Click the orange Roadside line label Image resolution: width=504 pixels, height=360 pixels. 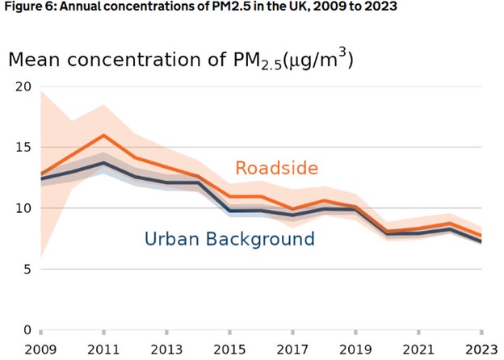click(x=276, y=168)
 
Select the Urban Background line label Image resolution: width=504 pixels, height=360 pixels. click(x=229, y=239)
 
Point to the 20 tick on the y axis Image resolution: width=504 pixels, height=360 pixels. click(x=22, y=86)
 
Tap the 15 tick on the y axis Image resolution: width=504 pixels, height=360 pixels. click(x=22, y=148)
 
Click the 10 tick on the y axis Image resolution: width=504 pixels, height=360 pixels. click(x=22, y=208)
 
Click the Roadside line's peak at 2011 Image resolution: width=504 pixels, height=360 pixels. click(x=104, y=136)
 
